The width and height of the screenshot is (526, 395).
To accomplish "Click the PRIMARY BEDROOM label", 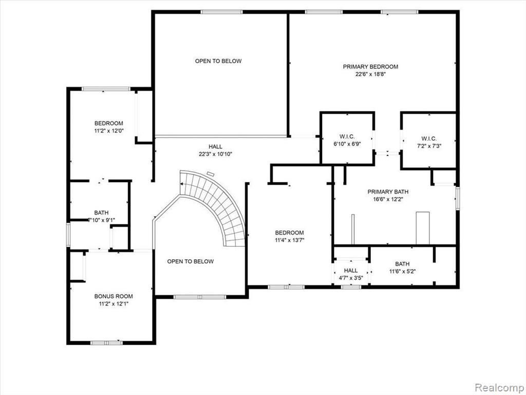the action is (370, 66).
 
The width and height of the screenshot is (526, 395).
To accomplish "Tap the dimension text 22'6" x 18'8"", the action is (370, 74).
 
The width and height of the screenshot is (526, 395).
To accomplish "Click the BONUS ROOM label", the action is (114, 296).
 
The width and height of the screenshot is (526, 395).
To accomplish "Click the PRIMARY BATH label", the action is (388, 192).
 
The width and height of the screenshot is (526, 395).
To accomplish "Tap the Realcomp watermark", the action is (499, 387).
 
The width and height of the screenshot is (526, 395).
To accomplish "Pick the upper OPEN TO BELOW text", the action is (218, 61).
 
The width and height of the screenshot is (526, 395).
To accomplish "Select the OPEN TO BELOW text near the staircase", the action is (190, 261).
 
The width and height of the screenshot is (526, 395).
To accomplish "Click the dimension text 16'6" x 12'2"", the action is (388, 199).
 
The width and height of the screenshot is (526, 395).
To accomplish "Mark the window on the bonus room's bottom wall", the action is (106, 343).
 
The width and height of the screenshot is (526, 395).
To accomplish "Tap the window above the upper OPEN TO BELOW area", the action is (221, 12).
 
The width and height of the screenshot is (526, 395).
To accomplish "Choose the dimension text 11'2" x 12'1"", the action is (114, 303).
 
